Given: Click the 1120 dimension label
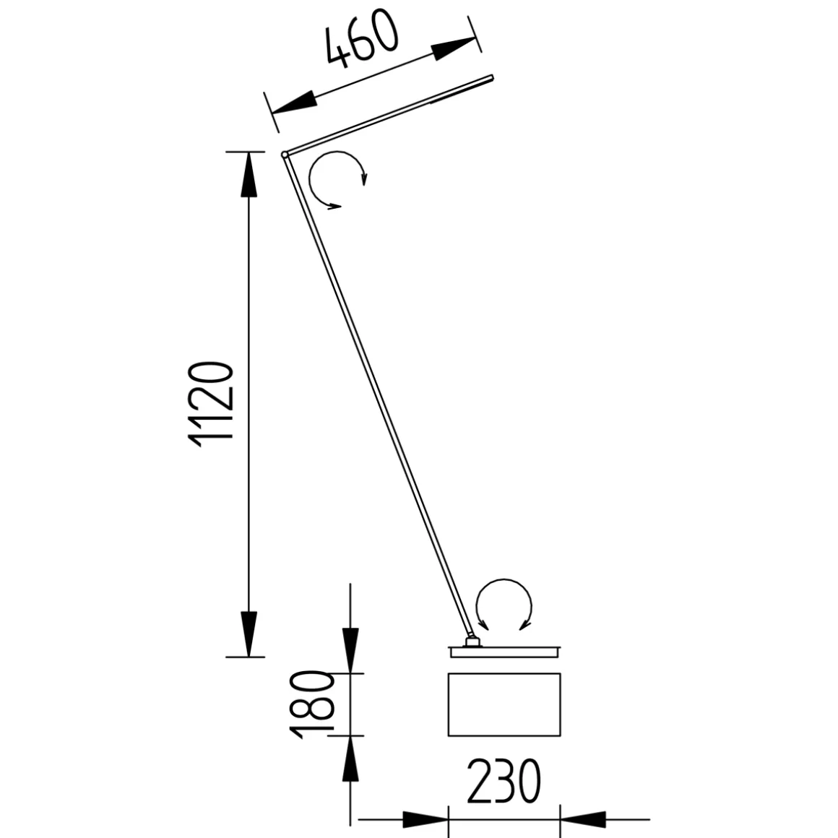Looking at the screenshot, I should [210, 402].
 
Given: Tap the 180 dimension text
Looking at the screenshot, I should [311, 704].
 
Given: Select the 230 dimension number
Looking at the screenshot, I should [504, 782].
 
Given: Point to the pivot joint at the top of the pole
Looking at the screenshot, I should [285, 154].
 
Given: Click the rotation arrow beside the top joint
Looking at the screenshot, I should [337, 180].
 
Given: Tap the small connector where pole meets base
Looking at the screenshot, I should [472, 641].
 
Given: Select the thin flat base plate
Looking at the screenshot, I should [504, 651].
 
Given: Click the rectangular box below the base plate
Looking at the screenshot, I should [504, 704].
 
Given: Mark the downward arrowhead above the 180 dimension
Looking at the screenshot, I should [351, 650].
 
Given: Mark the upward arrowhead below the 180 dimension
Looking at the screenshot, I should [351, 759].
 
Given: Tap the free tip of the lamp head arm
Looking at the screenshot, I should [491, 77].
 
